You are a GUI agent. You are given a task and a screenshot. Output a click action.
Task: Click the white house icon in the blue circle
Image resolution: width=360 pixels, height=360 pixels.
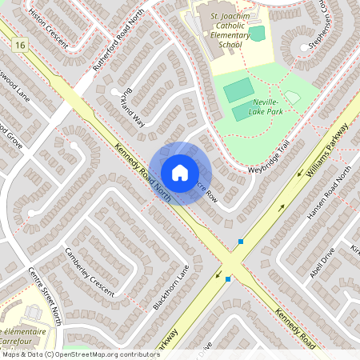click(x=180, y=172)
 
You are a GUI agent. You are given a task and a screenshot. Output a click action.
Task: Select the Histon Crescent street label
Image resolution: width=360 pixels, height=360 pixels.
click(x=46, y=22)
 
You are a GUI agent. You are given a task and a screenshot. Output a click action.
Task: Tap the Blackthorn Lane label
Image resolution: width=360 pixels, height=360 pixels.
click(x=172, y=286)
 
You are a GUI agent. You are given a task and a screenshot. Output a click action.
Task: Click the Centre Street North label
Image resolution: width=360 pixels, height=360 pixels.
click(x=46, y=295)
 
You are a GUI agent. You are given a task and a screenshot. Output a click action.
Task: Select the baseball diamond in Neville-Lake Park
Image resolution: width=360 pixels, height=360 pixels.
click(x=292, y=97)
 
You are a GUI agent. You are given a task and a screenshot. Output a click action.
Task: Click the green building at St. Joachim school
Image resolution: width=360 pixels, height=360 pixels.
click(x=256, y=34)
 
